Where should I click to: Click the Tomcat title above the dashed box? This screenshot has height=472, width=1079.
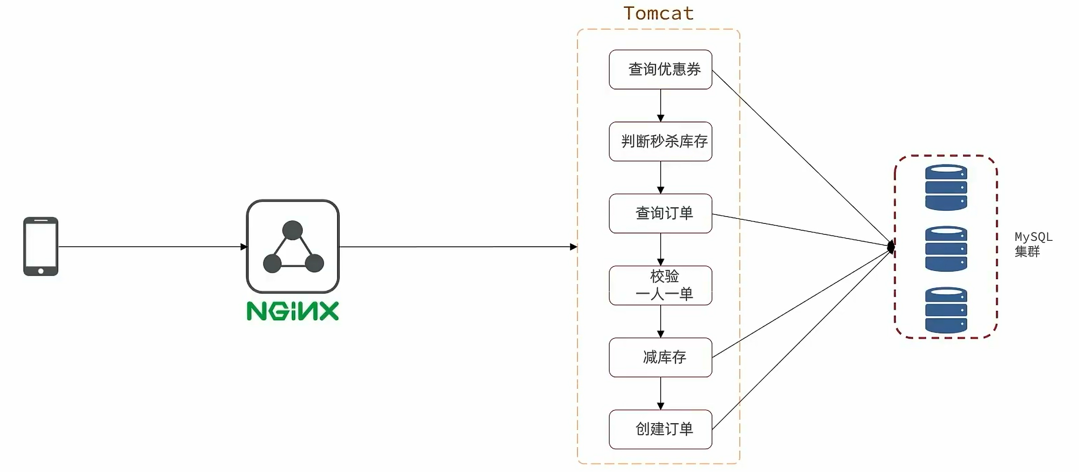[658, 13]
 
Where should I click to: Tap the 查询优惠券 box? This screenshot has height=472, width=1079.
[660, 69]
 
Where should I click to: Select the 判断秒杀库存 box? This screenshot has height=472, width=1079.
[660, 141]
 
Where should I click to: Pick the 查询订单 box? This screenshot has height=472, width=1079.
[660, 213]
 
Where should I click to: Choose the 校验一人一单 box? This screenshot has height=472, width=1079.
[660, 285]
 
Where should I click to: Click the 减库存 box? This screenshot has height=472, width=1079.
[660, 357]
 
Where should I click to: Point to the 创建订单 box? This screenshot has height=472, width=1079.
[660, 429]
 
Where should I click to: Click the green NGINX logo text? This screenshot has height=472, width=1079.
[293, 311]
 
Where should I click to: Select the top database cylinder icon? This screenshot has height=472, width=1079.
[946, 187]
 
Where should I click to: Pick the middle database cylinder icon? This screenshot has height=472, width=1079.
[946, 249]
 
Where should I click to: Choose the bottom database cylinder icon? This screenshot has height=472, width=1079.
[946, 310]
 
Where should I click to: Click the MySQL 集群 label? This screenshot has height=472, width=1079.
[1033, 244]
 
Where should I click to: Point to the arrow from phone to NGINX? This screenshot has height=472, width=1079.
[151, 247]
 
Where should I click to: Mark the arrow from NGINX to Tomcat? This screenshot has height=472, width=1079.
[457, 247]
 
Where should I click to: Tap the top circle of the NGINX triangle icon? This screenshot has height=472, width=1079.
[292, 230]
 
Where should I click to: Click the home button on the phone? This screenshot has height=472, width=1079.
[41, 271]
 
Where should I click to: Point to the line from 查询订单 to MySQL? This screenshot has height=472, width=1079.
[799, 229]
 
